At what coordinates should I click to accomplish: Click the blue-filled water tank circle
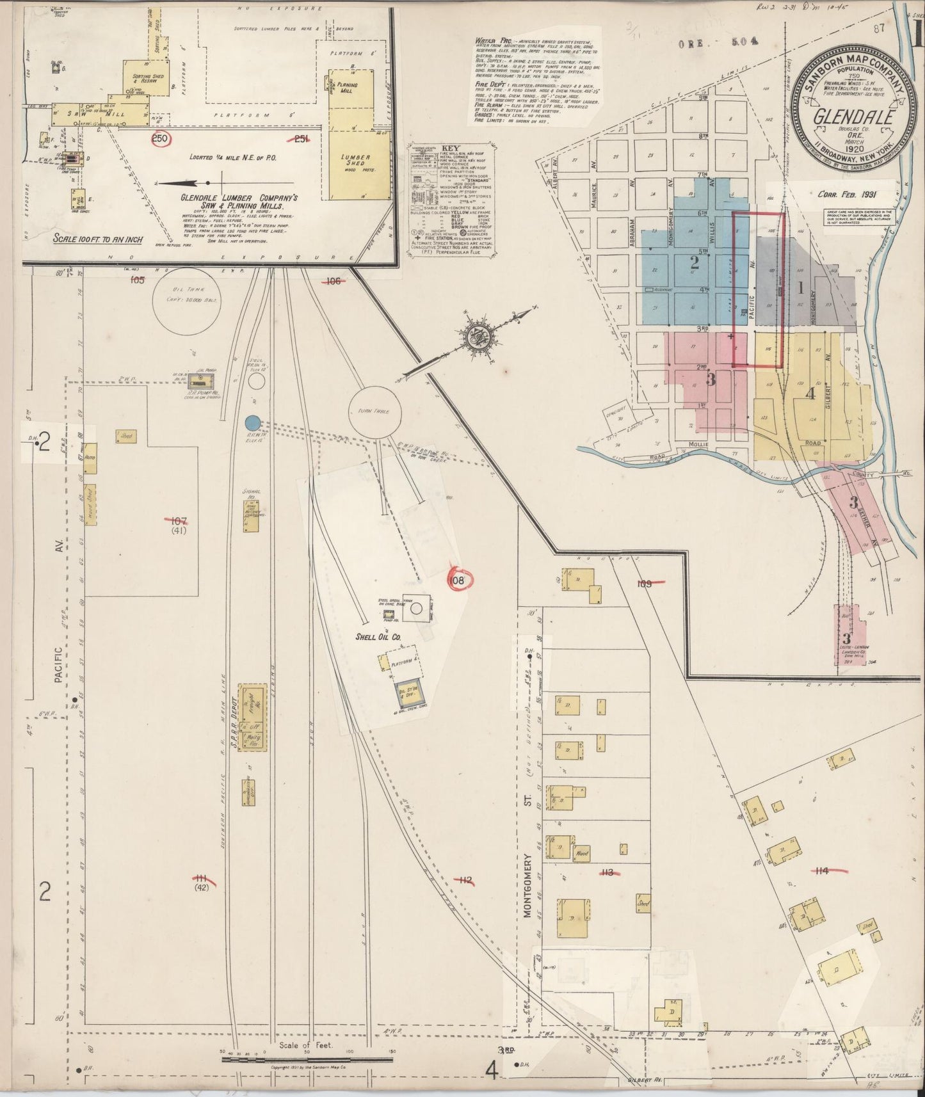coord(252,422)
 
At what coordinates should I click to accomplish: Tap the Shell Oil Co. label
coord(379,637)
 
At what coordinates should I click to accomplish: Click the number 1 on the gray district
coord(800,288)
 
